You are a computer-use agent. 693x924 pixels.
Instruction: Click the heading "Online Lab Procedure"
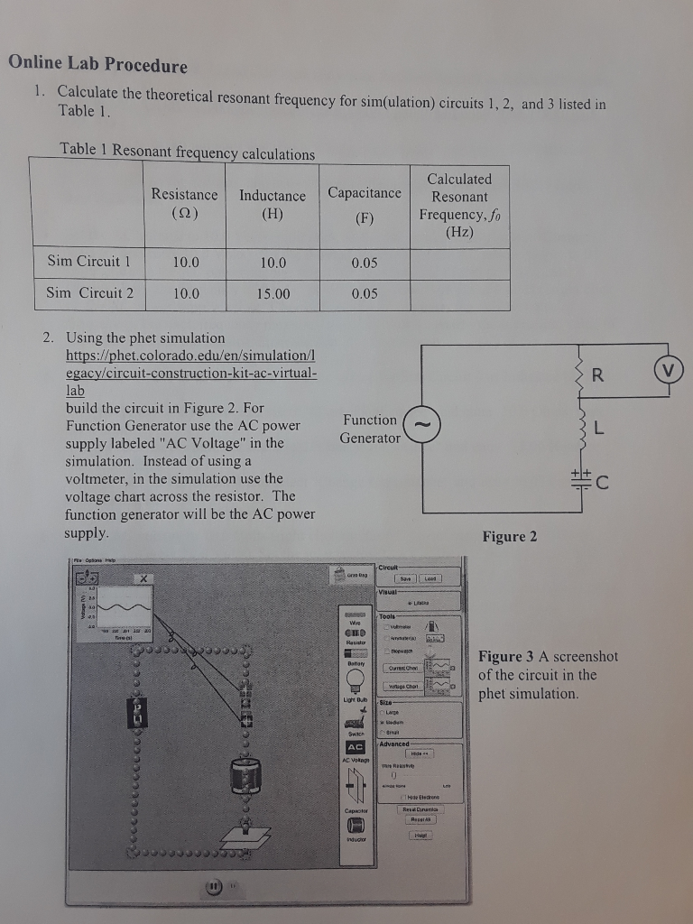(97, 65)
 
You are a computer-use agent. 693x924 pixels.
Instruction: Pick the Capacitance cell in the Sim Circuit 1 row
(364, 262)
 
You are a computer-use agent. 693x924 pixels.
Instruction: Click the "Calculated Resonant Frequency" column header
(458, 205)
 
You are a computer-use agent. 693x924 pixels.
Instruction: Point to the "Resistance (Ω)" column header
(184, 204)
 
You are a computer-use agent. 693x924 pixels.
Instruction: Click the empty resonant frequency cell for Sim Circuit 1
(458, 263)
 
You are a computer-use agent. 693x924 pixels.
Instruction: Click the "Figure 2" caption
(509, 537)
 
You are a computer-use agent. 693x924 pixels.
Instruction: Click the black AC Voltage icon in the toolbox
(356, 747)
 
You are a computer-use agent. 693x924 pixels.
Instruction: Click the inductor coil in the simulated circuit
(244, 773)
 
